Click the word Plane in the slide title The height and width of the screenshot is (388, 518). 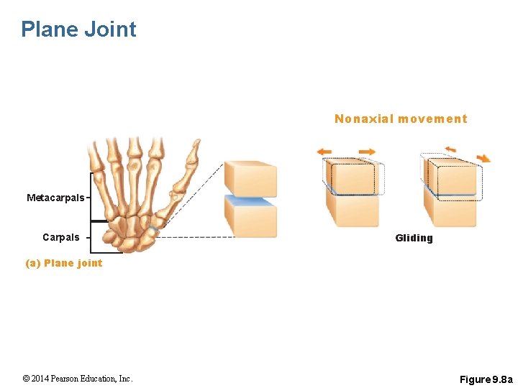50,29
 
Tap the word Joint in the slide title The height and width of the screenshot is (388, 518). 110,29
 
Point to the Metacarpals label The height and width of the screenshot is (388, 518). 55,198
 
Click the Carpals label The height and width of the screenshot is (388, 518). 61,238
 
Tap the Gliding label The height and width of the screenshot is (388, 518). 414,239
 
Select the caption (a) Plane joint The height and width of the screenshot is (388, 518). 64,263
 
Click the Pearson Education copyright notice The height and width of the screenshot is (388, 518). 78,379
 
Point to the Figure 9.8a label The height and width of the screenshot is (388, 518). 486,379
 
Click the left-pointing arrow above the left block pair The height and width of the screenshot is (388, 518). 324,152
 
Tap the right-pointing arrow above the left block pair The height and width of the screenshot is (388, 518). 367,152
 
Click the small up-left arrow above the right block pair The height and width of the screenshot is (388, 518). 450,149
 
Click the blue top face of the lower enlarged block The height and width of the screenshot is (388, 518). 250,201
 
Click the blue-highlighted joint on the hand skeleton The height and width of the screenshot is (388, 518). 153,230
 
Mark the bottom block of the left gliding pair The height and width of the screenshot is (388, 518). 353,210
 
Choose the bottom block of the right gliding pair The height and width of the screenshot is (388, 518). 450,211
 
